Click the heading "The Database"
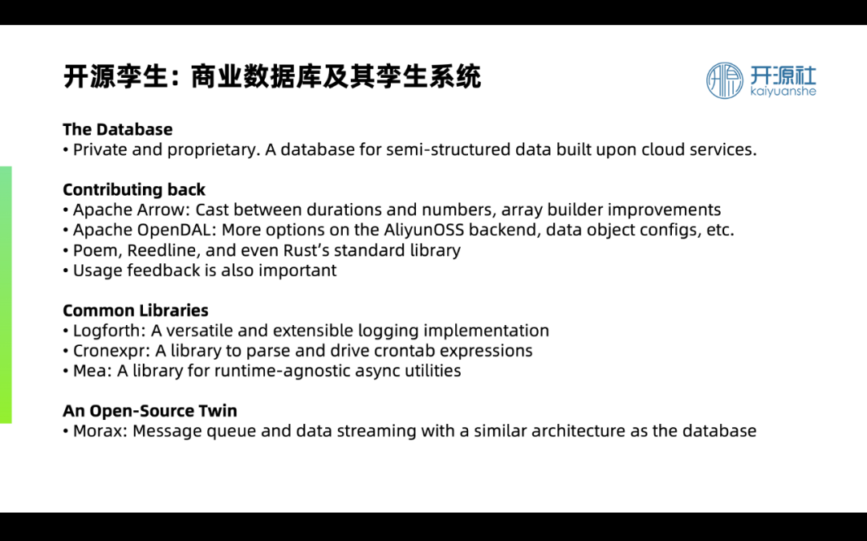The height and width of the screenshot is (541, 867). pos(117,129)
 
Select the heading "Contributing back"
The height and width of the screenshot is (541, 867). pos(134,189)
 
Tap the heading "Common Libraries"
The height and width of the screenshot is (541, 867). pos(136,310)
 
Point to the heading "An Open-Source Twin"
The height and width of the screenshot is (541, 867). pos(150,411)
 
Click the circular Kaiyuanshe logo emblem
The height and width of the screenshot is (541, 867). pos(724,81)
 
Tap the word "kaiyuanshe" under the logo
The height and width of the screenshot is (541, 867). pos(783,92)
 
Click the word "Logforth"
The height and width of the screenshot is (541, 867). pos(109,331)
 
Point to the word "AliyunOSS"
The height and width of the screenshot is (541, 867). pos(424,230)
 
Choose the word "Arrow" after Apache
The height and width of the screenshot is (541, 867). pos(164,210)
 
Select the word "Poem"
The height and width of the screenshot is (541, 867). pos(97,250)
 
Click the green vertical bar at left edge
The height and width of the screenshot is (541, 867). pos(6,295)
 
